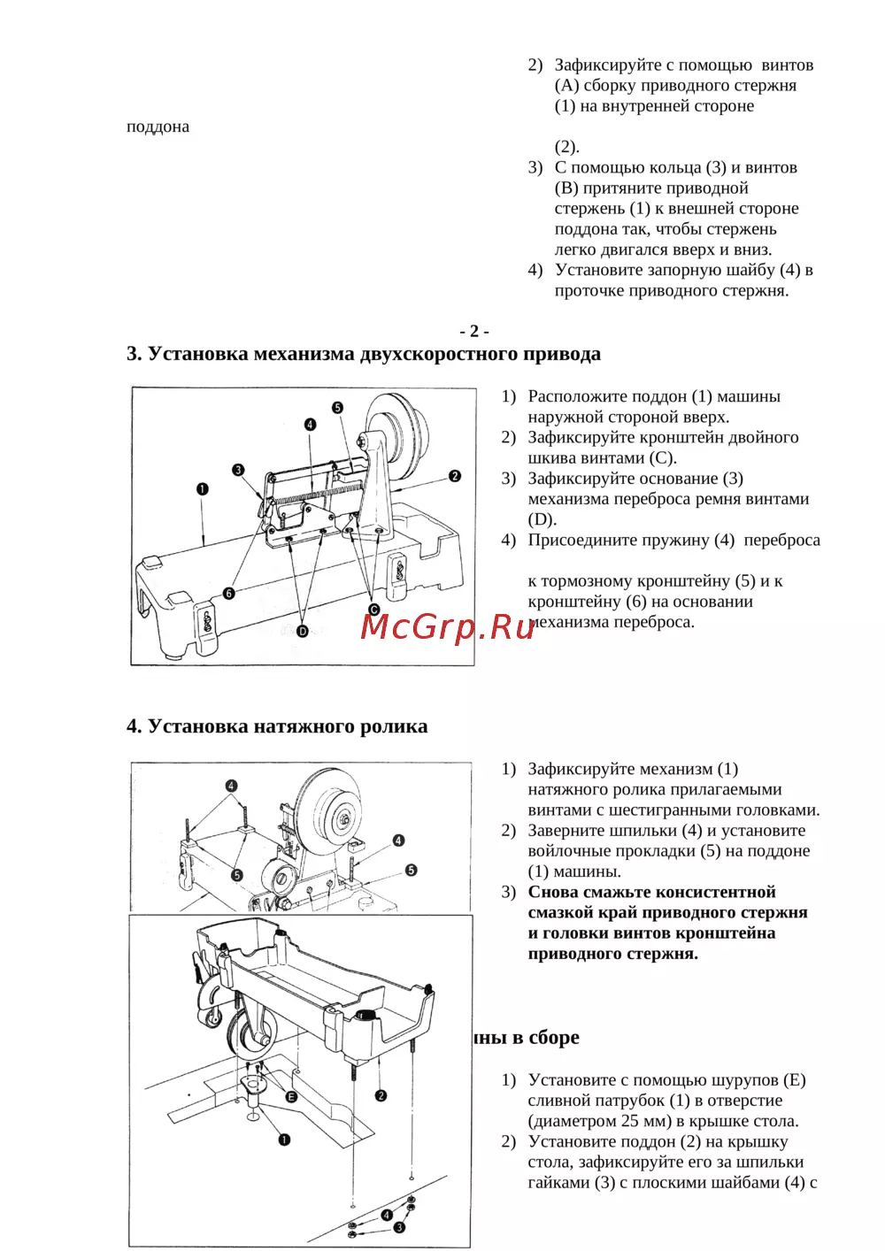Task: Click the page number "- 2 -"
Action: click(x=474, y=331)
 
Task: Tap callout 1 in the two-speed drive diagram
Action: click(x=203, y=489)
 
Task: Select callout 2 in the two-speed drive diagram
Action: click(x=455, y=476)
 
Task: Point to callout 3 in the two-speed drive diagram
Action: click(x=238, y=470)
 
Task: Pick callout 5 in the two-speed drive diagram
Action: click(x=337, y=408)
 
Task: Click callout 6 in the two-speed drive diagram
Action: click(x=229, y=593)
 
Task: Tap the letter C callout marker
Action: click(x=374, y=610)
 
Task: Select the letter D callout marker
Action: click(x=303, y=632)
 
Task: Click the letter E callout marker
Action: click(x=291, y=1097)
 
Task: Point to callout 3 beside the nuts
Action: click(x=399, y=1227)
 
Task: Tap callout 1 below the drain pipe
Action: click(x=284, y=1140)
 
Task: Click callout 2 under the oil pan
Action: click(x=381, y=1095)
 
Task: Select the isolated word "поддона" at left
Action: click(x=158, y=127)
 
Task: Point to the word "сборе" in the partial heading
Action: click(x=554, y=1037)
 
